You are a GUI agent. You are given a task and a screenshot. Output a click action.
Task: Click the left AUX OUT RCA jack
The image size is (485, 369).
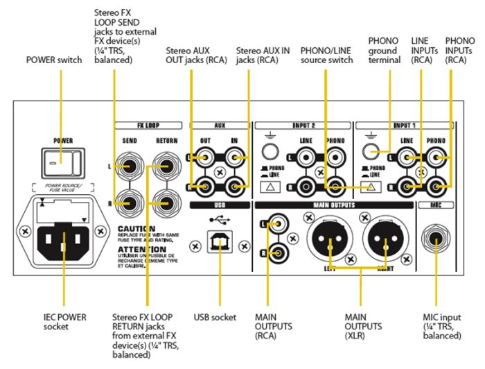pyautogui.click(x=199, y=160)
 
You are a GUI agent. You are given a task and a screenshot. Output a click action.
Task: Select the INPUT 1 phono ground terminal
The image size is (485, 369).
pyautogui.click(x=376, y=155)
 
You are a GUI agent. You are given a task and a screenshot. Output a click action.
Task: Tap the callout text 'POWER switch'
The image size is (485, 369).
pyautogui.click(x=54, y=60)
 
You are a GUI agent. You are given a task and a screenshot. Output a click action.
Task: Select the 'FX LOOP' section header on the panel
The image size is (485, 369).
pyautogui.click(x=148, y=127)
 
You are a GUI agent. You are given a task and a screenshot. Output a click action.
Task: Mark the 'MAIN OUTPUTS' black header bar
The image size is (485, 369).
pyautogui.click(x=335, y=206)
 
